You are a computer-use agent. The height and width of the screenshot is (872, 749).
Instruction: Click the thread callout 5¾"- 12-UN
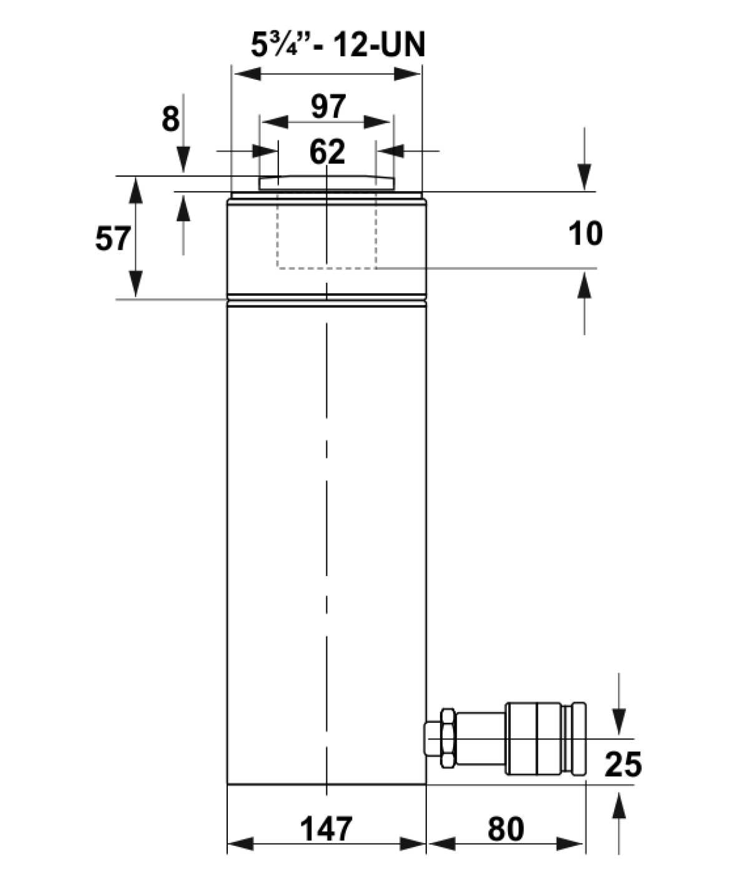pyautogui.click(x=338, y=45)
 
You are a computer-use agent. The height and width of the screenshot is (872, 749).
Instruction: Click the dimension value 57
pyautogui.click(x=113, y=239)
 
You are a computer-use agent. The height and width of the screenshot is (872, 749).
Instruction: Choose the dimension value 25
pyautogui.click(x=623, y=764)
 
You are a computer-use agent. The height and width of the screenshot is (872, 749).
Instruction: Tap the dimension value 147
pyautogui.click(x=326, y=828)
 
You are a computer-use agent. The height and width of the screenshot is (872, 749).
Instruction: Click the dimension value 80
pyautogui.click(x=506, y=828)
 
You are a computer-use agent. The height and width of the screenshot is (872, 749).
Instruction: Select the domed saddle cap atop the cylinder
pyautogui.click(x=326, y=182)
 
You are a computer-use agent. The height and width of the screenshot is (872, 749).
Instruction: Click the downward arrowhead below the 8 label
pyautogui.click(x=183, y=159)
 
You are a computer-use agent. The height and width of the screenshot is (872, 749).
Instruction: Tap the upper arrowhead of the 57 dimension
pyautogui.click(x=135, y=190)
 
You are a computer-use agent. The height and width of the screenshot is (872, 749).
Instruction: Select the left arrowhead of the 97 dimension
pyautogui.click(x=275, y=122)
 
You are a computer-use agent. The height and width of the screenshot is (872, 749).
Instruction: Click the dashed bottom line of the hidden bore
pyautogui.click(x=326, y=268)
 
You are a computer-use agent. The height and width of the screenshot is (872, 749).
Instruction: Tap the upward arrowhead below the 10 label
pyautogui.click(x=584, y=286)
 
